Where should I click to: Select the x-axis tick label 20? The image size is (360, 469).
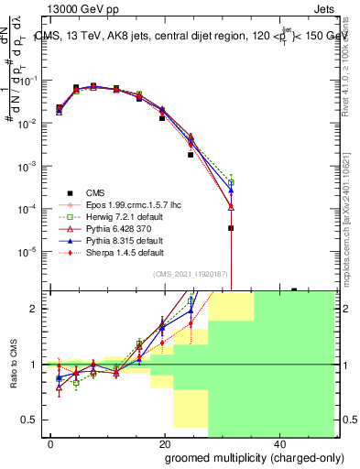164,444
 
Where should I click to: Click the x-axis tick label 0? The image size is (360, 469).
50,444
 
